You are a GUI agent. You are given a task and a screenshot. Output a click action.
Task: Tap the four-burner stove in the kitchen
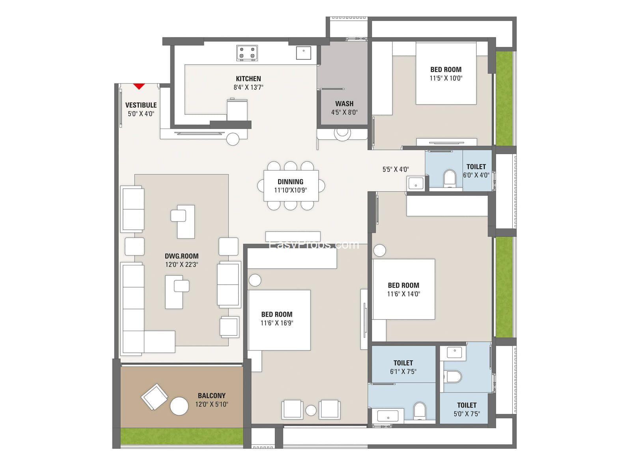point(247,53)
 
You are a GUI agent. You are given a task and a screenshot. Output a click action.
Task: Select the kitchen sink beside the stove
point(304,52)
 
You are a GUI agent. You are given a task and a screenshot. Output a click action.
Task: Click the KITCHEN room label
point(248,79)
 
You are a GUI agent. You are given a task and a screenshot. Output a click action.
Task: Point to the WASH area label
point(344,104)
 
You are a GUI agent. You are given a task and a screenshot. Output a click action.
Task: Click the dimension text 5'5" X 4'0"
point(396,169)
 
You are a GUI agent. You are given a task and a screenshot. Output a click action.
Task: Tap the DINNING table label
point(290,182)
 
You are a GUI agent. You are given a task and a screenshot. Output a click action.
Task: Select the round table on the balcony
point(179,406)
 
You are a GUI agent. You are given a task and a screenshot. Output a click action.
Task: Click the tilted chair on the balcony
point(154,397)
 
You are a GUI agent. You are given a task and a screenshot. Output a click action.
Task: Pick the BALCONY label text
point(211,395)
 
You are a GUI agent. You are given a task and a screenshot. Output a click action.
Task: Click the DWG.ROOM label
point(182,256)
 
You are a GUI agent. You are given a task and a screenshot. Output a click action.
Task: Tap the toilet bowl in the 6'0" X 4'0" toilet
point(450,178)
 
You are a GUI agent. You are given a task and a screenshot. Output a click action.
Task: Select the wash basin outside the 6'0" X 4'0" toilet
point(415,183)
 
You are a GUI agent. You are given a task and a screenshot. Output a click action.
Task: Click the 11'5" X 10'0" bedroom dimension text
point(446,78)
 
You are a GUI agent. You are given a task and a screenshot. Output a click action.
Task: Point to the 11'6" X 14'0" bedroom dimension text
point(403,294)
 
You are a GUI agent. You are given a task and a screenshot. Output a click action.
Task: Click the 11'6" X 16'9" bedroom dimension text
point(277,323)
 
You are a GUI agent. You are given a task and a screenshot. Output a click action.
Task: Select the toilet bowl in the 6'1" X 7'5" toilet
point(420,410)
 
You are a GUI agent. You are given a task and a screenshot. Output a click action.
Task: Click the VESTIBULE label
point(141,105)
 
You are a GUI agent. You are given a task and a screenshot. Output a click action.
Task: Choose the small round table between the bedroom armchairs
point(311,410)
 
